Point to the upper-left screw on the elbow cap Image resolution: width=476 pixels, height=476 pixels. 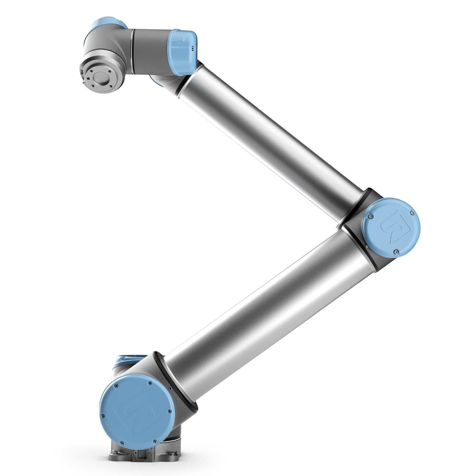[x=370, y=217]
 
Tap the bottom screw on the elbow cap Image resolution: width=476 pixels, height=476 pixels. [x=396, y=251]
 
